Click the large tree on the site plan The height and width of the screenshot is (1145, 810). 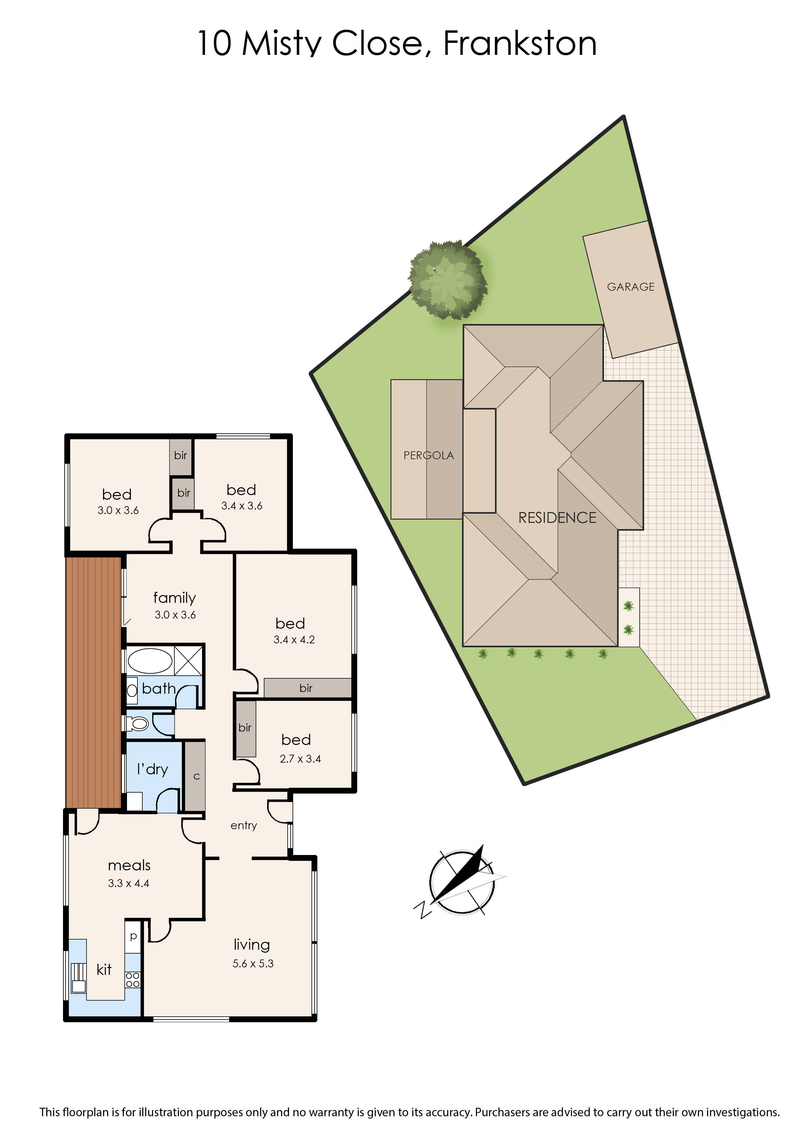(x=447, y=279)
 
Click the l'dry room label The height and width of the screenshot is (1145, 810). (x=152, y=769)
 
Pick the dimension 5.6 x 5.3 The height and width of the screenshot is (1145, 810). (x=253, y=963)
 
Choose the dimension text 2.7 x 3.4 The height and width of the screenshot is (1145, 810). (x=300, y=759)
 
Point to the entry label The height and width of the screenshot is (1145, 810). (x=244, y=826)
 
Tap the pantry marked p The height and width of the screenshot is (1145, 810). (x=133, y=936)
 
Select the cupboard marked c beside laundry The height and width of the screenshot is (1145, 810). (x=195, y=776)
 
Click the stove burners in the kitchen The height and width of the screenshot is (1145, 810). (x=133, y=979)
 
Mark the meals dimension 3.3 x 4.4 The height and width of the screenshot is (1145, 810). (x=129, y=883)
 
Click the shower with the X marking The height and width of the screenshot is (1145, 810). (x=188, y=661)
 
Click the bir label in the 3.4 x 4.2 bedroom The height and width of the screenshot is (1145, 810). (x=306, y=688)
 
